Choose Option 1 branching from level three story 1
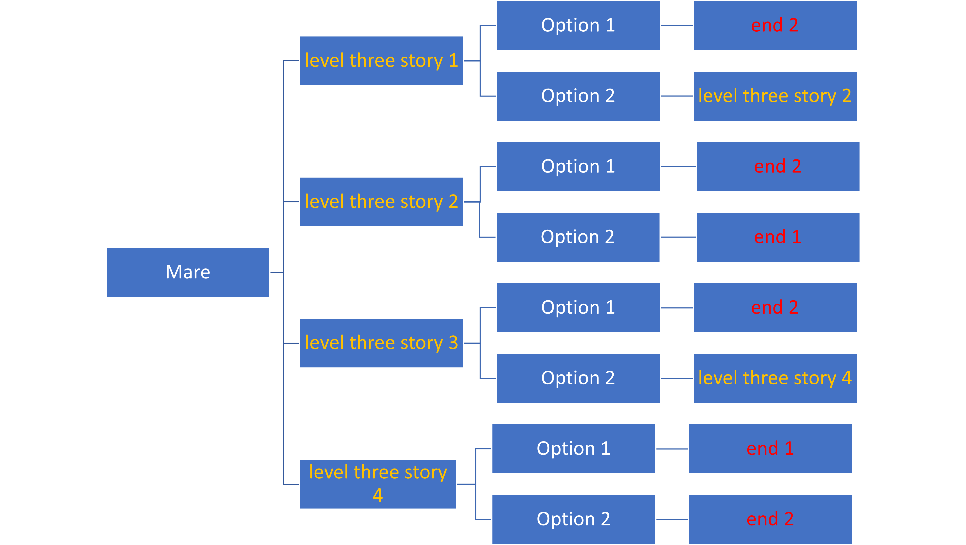click(578, 25)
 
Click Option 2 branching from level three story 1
click(578, 96)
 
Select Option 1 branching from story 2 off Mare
click(578, 167)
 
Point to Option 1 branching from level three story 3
click(578, 308)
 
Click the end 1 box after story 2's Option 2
click(778, 237)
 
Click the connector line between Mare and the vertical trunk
click(276, 272)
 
